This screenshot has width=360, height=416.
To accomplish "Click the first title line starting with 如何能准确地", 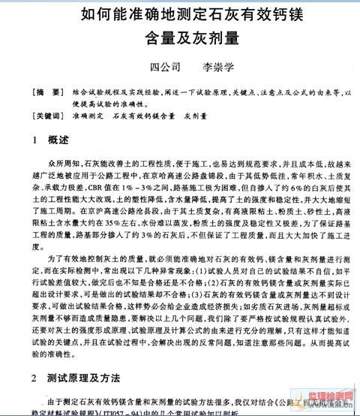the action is click(180, 15).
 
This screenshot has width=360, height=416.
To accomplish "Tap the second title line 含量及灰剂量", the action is click(180, 38).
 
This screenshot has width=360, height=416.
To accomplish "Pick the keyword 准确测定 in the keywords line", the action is click(85, 116).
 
